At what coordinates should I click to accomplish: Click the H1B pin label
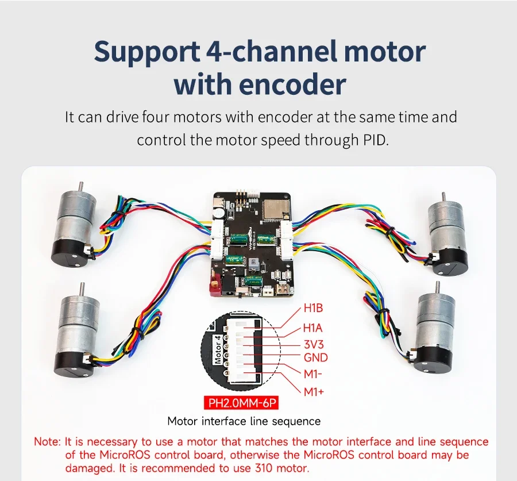click(x=313, y=308)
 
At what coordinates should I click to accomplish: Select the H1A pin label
click(x=313, y=328)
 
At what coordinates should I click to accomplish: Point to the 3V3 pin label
click(x=314, y=344)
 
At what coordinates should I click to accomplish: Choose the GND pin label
click(x=315, y=357)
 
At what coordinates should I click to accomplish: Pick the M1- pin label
click(x=312, y=374)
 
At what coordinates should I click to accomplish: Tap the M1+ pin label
click(x=314, y=392)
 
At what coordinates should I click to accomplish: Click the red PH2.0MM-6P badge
click(x=241, y=403)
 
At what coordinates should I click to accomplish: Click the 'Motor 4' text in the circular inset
click(x=218, y=350)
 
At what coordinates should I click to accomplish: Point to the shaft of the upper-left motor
click(x=81, y=187)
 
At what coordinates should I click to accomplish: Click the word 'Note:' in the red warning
click(x=48, y=441)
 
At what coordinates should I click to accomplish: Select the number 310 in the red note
click(x=264, y=468)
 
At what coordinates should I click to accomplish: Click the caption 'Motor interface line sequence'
click(x=244, y=421)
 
